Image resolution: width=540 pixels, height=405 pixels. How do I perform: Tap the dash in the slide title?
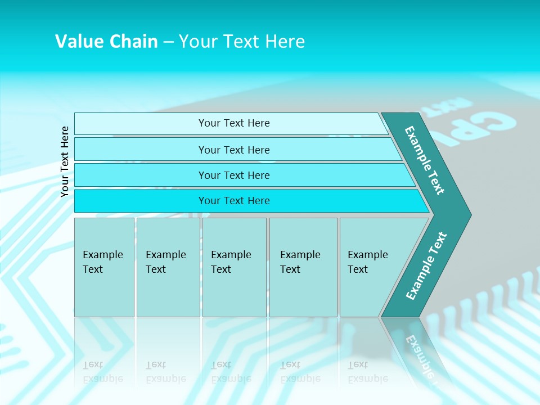[x=168, y=42]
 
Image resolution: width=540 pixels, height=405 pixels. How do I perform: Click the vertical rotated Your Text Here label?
[x=65, y=161]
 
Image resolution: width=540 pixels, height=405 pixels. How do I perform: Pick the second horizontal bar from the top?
[x=234, y=150]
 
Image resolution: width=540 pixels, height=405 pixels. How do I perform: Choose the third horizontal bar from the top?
[x=234, y=175]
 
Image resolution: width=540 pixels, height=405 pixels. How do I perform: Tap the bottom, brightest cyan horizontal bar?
[x=234, y=201]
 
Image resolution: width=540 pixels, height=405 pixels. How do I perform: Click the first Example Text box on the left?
[x=104, y=267]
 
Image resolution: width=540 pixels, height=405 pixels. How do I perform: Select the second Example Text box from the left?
[x=168, y=267]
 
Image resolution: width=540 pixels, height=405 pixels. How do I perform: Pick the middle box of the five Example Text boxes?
[x=234, y=267]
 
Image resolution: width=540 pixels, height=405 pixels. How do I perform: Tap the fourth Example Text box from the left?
[x=303, y=267]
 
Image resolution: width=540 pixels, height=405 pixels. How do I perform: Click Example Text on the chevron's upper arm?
[x=425, y=160]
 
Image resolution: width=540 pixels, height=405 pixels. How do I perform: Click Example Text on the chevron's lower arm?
[x=426, y=265]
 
